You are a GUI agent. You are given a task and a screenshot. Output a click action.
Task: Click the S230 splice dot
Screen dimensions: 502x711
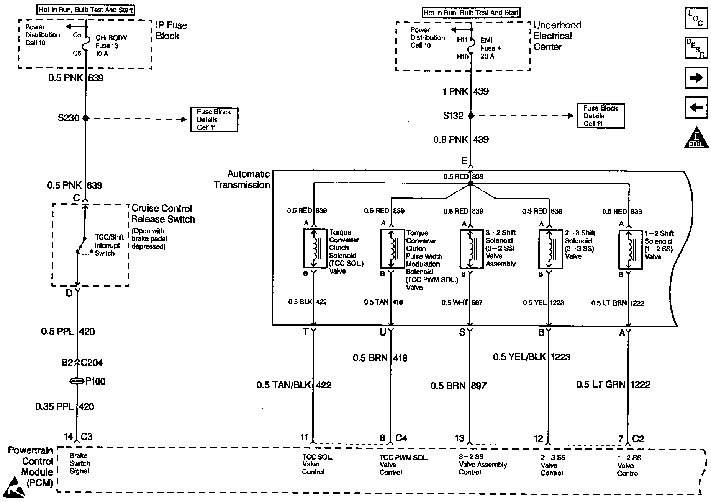tap(86, 118)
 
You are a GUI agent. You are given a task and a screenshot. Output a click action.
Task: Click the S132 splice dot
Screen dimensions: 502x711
tap(471, 116)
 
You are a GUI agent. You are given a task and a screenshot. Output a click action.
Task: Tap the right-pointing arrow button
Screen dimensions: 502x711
tap(696, 78)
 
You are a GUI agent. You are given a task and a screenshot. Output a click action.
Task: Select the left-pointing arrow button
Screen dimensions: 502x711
tap(696, 108)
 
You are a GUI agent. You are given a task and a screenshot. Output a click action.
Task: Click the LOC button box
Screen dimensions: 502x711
tap(696, 18)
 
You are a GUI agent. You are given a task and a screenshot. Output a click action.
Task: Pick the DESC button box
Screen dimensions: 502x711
tap(696, 48)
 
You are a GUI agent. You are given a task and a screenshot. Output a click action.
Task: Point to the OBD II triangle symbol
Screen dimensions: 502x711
tap(696, 137)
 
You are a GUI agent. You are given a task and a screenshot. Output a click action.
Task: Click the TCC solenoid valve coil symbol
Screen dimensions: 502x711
tap(314, 248)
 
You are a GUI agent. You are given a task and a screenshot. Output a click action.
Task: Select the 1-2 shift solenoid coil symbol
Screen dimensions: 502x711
tap(630, 249)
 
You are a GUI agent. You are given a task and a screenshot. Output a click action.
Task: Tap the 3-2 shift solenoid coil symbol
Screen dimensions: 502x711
tap(471, 249)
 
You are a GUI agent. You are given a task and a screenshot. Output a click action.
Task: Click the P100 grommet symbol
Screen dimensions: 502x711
tap(77, 381)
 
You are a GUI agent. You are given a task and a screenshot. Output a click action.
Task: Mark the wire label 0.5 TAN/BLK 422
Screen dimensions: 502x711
tap(294, 385)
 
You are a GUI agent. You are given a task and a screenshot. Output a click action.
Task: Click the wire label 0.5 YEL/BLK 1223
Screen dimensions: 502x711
tap(531, 357)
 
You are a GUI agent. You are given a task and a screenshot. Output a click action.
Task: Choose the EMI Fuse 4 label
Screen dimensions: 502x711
tap(491, 48)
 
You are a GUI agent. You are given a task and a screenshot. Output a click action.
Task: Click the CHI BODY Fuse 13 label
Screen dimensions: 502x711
tap(111, 46)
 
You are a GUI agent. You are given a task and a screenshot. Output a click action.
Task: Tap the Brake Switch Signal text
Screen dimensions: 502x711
tap(79, 463)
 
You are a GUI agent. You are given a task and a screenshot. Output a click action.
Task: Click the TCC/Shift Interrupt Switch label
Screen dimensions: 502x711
tap(109, 245)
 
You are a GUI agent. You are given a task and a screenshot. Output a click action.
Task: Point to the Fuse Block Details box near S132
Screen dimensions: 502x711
tap(600, 116)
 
